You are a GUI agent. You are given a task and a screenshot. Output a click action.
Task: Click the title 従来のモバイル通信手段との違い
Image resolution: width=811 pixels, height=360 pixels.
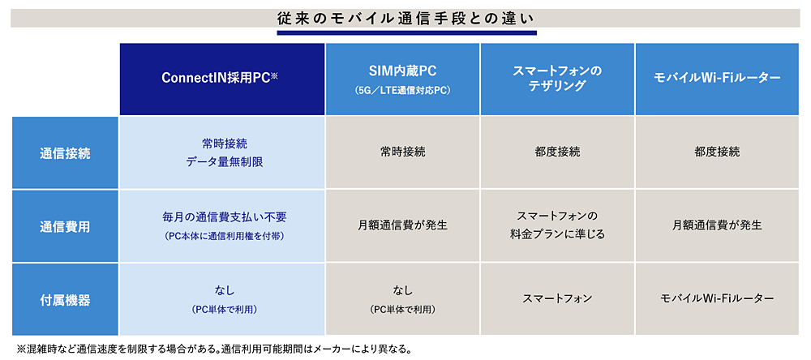[x=406, y=18]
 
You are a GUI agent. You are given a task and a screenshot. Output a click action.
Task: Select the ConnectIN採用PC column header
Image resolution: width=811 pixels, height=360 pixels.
[x=222, y=79]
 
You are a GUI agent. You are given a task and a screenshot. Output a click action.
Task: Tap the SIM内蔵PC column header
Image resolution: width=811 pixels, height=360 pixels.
[x=402, y=79]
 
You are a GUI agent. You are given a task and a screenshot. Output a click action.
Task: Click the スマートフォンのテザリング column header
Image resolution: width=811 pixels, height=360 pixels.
[x=557, y=79]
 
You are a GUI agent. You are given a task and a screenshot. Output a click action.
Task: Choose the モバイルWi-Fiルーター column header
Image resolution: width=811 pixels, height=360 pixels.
[x=717, y=79]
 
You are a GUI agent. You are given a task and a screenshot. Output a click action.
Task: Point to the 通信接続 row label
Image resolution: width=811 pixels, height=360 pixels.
[x=65, y=152]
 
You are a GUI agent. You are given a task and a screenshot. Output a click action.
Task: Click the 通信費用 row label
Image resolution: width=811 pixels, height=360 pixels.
[x=65, y=226]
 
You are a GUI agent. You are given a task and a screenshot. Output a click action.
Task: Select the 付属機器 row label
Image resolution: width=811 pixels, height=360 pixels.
[x=65, y=299]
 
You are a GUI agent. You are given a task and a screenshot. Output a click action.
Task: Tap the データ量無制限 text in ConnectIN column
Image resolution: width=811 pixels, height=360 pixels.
[x=225, y=162]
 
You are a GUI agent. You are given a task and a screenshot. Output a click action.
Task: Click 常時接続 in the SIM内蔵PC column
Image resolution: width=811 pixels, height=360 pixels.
[x=402, y=152]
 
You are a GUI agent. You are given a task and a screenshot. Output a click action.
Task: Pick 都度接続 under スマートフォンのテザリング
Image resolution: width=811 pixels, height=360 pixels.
[x=557, y=152]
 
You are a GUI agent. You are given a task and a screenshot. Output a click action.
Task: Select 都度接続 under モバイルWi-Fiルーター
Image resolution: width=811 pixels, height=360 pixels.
[x=717, y=152]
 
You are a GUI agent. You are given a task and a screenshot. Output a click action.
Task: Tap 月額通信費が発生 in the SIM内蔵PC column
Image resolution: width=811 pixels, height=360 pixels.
[x=402, y=226]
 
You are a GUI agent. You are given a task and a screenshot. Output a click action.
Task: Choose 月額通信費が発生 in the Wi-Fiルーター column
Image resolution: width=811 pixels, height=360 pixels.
[x=717, y=226]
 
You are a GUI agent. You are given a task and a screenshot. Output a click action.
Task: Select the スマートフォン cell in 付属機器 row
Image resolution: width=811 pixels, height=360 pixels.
[x=557, y=299]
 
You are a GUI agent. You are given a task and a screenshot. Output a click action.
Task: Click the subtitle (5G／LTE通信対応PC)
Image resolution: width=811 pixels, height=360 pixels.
[x=403, y=90]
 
